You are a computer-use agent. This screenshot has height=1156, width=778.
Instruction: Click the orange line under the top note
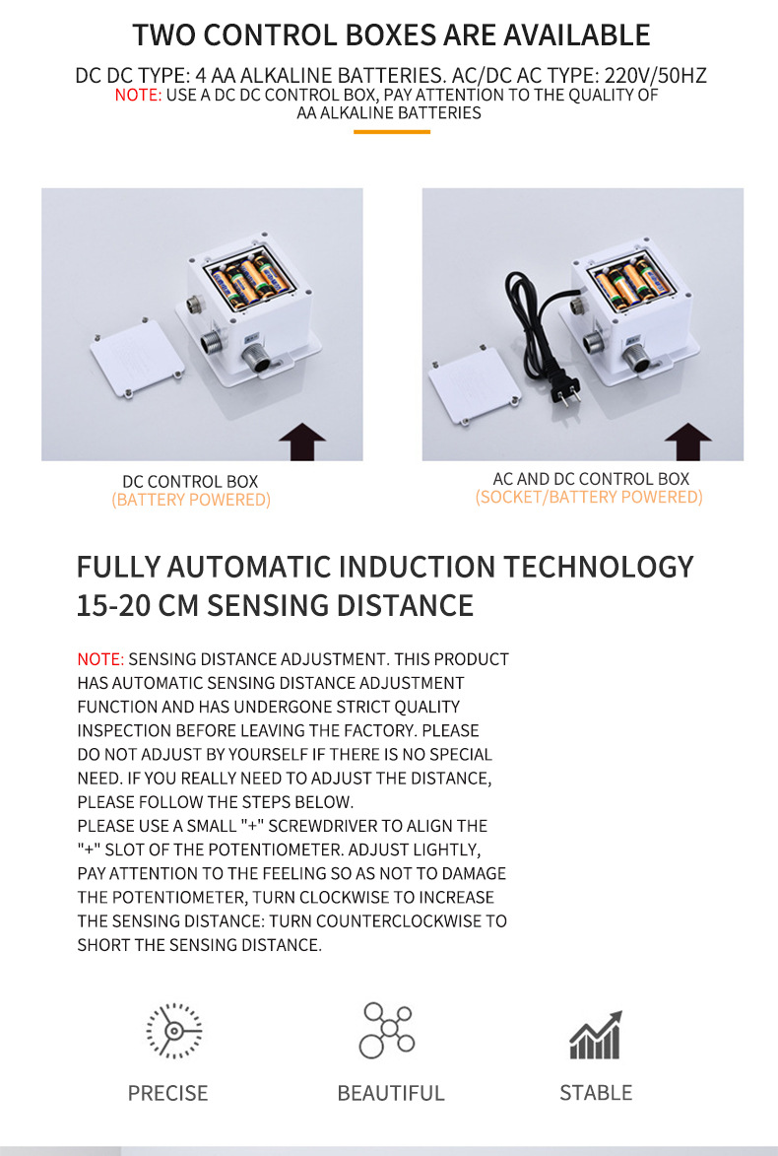click(x=392, y=132)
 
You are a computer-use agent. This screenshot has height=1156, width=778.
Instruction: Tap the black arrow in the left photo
click(x=302, y=442)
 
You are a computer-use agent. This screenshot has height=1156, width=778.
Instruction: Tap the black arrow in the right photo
click(x=688, y=442)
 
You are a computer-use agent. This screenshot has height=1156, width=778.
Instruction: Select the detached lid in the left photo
click(x=138, y=359)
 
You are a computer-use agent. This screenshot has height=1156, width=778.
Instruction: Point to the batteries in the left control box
click(x=247, y=280)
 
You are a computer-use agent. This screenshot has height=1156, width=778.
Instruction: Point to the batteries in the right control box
click(x=631, y=283)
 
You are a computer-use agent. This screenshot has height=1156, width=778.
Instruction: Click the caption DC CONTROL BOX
click(x=190, y=482)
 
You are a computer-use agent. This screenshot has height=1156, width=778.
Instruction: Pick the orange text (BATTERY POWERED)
click(x=191, y=500)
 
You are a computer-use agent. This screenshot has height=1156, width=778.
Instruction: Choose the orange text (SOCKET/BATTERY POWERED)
click(x=589, y=497)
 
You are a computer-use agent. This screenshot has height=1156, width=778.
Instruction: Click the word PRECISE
click(x=168, y=1093)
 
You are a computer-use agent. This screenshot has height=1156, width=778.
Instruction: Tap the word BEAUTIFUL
click(x=390, y=1093)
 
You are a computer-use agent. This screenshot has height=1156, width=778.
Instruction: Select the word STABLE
click(x=596, y=1093)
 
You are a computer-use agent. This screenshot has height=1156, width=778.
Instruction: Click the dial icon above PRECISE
click(x=174, y=1031)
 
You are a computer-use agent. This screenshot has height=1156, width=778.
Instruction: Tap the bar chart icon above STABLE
click(x=595, y=1035)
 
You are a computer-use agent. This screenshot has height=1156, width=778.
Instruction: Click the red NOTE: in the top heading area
click(x=138, y=96)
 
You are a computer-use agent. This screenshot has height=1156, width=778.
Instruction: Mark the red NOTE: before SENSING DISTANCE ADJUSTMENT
click(x=100, y=659)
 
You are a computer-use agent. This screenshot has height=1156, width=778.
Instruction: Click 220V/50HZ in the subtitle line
click(x=656, y=75)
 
